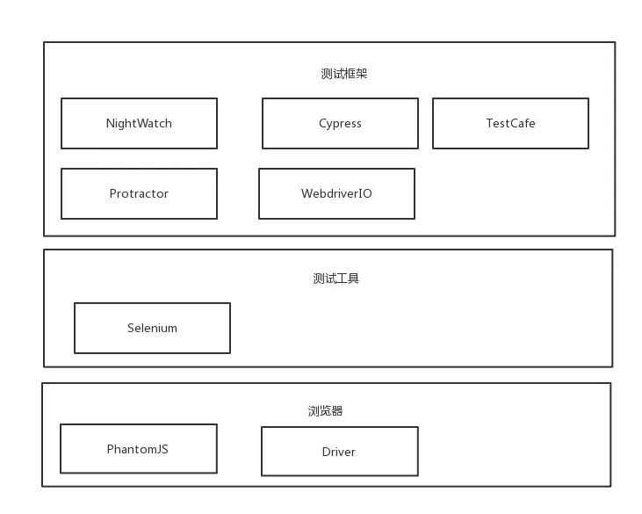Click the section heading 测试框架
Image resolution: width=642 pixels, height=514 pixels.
pyautogui.click(x=344, y=74)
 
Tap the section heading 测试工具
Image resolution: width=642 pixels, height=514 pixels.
pyautogui.click(x=336, y=279)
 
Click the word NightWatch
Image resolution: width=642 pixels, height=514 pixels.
pyautogui.click(x=139, y=123)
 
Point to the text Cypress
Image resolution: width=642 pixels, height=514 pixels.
pyautogui.click(x=340, y=123)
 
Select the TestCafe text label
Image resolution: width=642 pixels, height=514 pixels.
pyautogui.click(x=510, y=123)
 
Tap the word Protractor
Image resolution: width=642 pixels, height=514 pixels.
pyautogui.click(x=139, y=193)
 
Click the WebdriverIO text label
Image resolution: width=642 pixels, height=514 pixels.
pyautogui.click(x=336, y=193)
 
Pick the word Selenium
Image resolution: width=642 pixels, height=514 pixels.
pyautogui.click(x=152, y=328)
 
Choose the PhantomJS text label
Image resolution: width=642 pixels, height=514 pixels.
pyautogui.click(x=138, y=449)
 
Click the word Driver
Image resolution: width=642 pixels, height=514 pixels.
pyautogui.click(x=339, y=452)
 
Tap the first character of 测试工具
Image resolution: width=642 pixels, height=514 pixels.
pyautogui.click(x=319, y=279)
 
